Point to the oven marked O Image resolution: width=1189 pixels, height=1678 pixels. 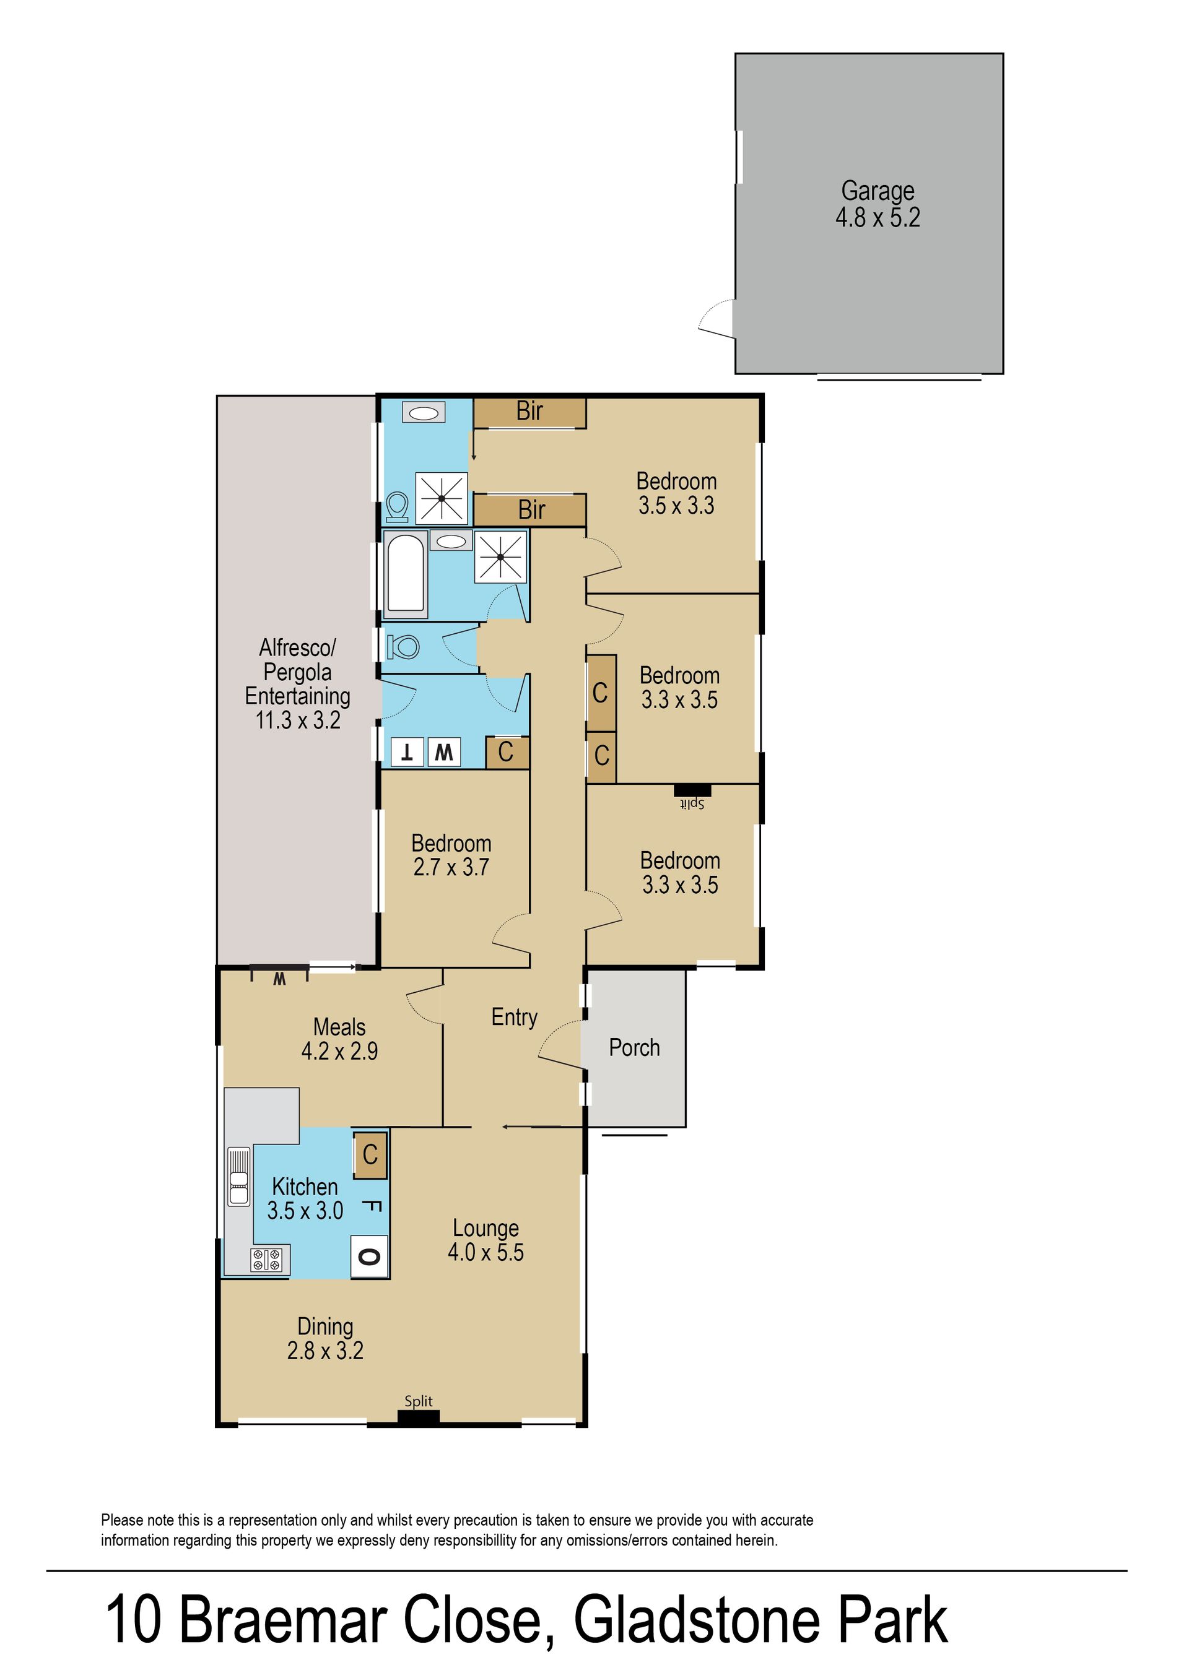coord(369,1256)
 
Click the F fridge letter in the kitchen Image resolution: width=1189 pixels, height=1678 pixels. coord(371,1208)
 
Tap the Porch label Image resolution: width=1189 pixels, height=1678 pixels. coord(634,1048)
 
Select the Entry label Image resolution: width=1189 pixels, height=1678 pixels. coord(514,1017)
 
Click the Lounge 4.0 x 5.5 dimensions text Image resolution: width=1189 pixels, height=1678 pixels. coord(486,1252)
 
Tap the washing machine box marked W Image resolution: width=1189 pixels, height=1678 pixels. coord(443,752)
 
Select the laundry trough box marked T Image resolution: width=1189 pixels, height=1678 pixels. coord(406,752)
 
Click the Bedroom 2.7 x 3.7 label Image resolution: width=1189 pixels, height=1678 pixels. coord(451,855)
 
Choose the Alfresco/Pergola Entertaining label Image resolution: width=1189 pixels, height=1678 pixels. coord(297,684)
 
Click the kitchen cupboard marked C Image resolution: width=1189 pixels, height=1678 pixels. coord(370,1156)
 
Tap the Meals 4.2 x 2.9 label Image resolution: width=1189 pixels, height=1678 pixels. coord(339,1039)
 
